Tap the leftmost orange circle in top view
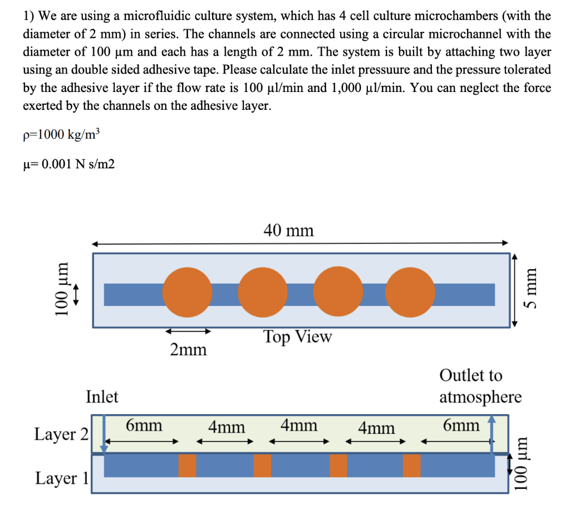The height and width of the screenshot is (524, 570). tap(188, 293)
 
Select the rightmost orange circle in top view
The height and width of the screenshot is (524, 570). tap(410, 293)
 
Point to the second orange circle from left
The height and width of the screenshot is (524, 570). tap(263, 293)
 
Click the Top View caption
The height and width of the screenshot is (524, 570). tap(297, 337)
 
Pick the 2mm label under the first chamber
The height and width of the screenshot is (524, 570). tap(188, 350)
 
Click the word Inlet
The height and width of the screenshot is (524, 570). tap(102, 397)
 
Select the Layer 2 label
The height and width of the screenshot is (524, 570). tap(61, 434)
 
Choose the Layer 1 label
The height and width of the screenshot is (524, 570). tap(61, 478)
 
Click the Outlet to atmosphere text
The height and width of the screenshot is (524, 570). tap(480, 386)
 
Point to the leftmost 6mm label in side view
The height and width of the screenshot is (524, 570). tap(144, 426)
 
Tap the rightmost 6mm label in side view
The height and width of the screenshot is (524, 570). tap(461, 426)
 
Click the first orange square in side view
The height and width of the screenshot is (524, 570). tap(187, 466)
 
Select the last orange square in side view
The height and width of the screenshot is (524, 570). tap(411, 466)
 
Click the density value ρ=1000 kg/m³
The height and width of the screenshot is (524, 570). tap(62, 135)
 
